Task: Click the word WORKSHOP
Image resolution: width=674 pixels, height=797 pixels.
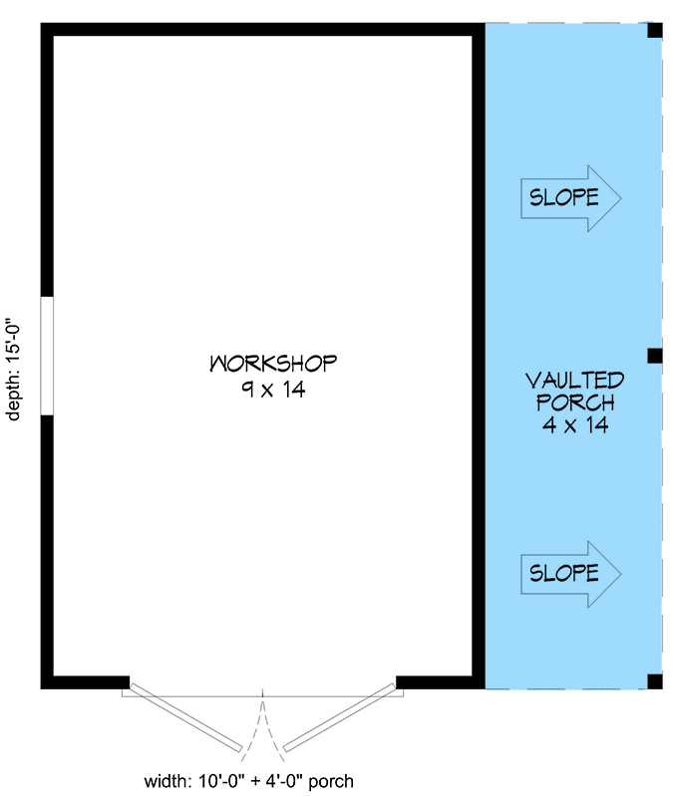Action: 272,363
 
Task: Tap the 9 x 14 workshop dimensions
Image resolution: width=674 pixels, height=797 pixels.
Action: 272,390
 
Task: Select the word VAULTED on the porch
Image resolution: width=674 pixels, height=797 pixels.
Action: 574,380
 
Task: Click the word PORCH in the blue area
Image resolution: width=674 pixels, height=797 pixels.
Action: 574,402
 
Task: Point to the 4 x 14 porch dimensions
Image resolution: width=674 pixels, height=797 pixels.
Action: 574,425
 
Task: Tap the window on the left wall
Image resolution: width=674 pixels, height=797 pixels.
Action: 46,355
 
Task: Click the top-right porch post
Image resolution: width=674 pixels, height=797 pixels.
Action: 655,30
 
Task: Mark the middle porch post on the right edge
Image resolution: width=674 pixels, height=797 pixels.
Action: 655,356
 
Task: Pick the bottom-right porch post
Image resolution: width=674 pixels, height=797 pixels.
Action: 655,681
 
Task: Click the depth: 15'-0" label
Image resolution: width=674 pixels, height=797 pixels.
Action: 15,369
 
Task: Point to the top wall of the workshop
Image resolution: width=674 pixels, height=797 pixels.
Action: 259,29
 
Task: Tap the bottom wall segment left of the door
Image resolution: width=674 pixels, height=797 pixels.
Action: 85,682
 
